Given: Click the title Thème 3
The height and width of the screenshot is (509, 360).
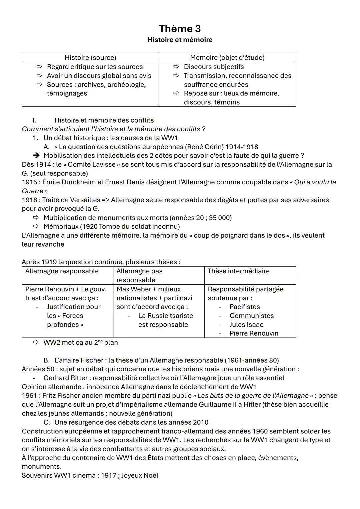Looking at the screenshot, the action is pos(180,29).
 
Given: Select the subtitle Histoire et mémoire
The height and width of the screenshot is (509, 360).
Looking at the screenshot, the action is pos(180,40).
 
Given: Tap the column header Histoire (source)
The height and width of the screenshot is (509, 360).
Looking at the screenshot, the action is pos(90,58).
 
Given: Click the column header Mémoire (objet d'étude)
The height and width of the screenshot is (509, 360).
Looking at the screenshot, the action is pos(227,58).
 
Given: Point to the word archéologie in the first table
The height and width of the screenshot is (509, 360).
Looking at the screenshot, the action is pos(125,85).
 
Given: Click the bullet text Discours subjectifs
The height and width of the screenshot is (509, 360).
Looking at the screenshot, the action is pos(214,67).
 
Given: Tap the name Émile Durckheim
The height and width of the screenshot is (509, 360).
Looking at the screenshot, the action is pos(71,182).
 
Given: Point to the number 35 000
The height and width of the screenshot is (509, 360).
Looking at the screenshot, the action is pos(220,218).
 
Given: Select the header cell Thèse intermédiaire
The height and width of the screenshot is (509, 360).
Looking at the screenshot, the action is pos(238,271).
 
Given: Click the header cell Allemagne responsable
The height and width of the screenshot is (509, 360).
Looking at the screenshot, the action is pos(62,271).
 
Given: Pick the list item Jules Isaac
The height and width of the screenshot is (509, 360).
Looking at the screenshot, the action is pos(246,325).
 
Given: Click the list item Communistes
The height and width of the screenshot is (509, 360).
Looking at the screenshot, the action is pos(251,316).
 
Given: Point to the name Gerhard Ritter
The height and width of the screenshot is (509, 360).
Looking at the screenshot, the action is pos(67,378).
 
